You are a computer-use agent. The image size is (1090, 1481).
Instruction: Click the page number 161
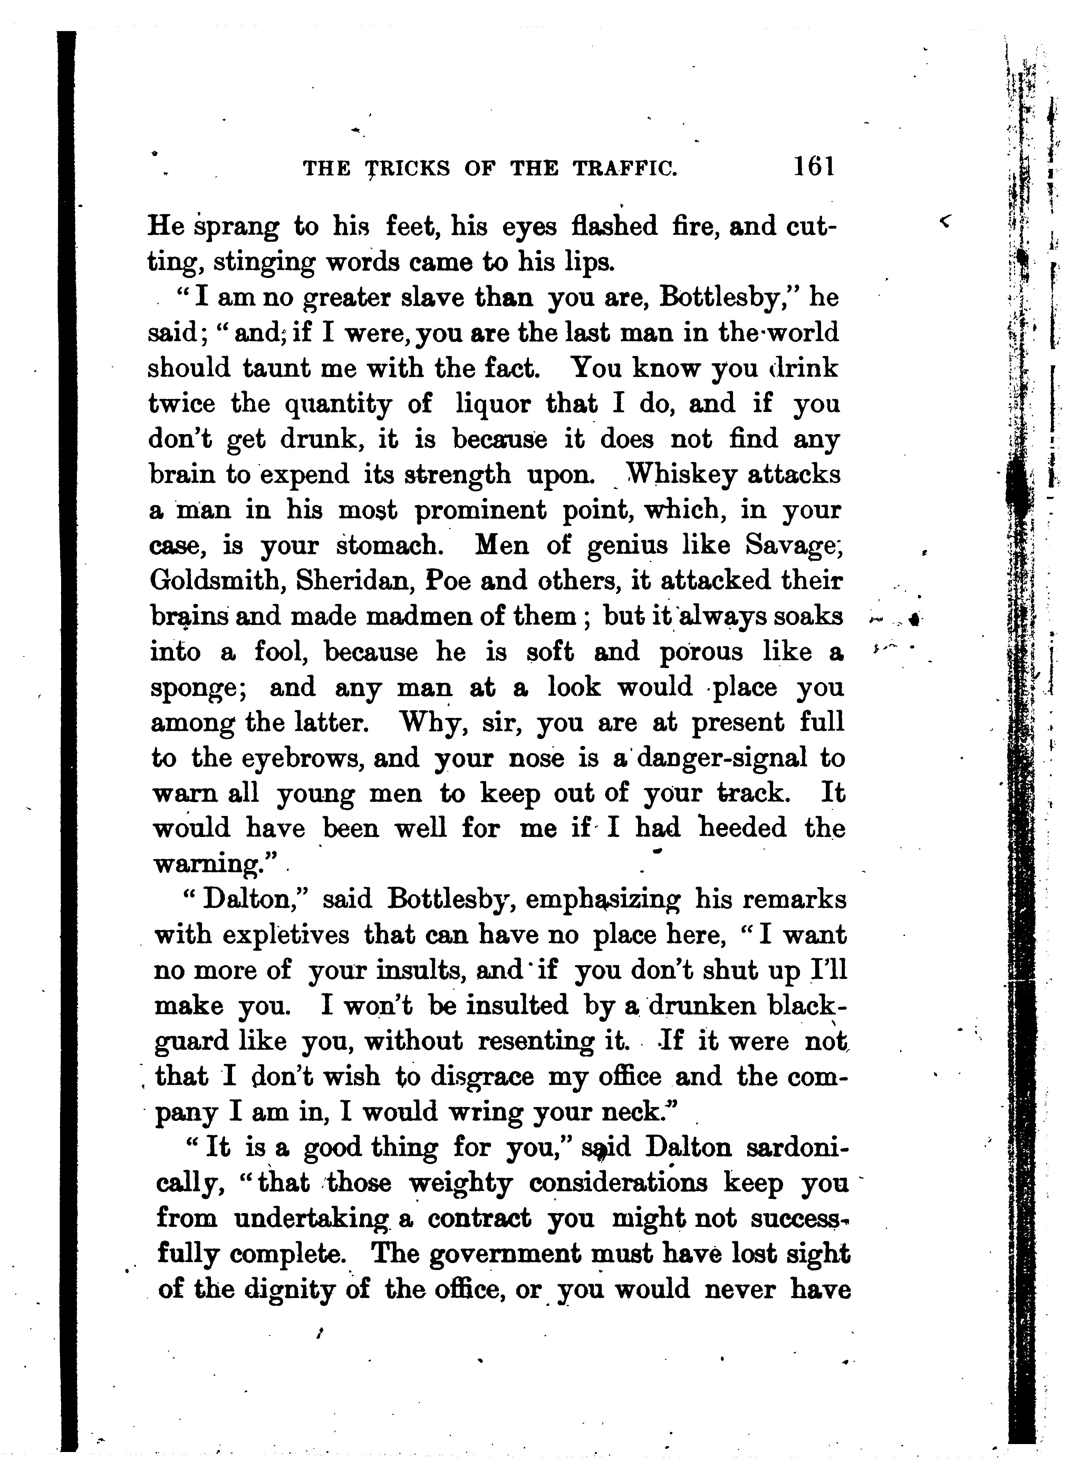814,166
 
